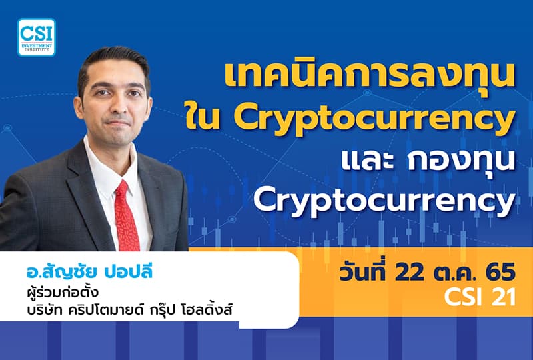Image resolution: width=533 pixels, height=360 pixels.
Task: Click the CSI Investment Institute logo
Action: (x=37, y=37)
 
